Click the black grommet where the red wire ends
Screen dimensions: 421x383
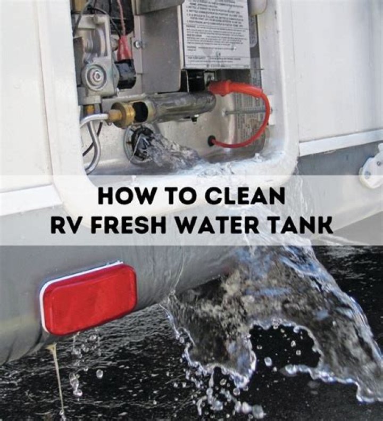[212, 141]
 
